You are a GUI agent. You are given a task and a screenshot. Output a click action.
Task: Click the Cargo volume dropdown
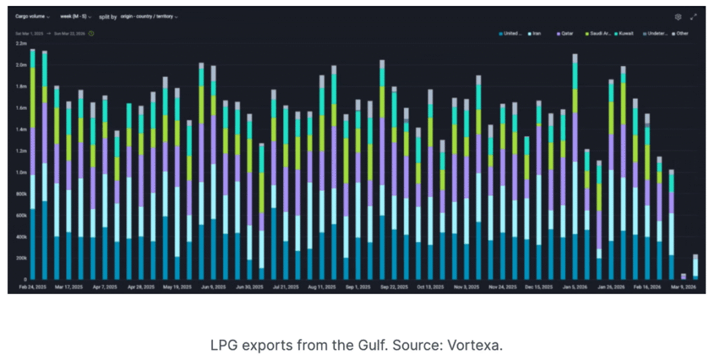coord(32,16)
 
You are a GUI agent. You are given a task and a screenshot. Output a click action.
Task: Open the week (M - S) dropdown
coord(76,16)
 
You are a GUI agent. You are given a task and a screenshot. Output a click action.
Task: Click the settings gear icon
coord(678,17)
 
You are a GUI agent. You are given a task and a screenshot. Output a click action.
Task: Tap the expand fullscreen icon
coord(693,17)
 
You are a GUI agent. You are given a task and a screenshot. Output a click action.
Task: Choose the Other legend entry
coord(680,33)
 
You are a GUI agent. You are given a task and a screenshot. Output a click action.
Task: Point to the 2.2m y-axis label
coord(21,43)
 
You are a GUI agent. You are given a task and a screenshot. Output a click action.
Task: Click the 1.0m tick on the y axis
coord(21,172)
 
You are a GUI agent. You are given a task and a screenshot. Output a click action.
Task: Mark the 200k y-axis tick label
coord(21,258)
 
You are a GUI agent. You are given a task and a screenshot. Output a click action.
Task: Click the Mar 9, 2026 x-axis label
coord(682,287)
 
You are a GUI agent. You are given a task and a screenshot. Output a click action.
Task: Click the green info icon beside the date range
coord(91,33)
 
